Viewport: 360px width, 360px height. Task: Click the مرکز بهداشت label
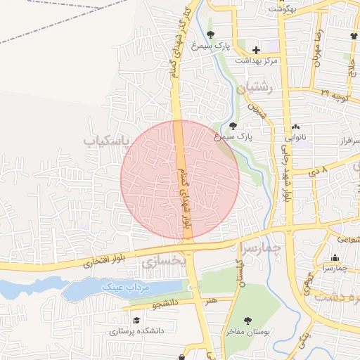tap(256, 61)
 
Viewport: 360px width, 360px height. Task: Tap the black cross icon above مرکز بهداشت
tap(256, 50)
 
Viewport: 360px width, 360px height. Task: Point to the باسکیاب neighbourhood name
tap(108, 141)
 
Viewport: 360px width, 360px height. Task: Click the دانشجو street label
tap(165, 305)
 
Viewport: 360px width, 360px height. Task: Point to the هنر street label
tap(211, 301)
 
